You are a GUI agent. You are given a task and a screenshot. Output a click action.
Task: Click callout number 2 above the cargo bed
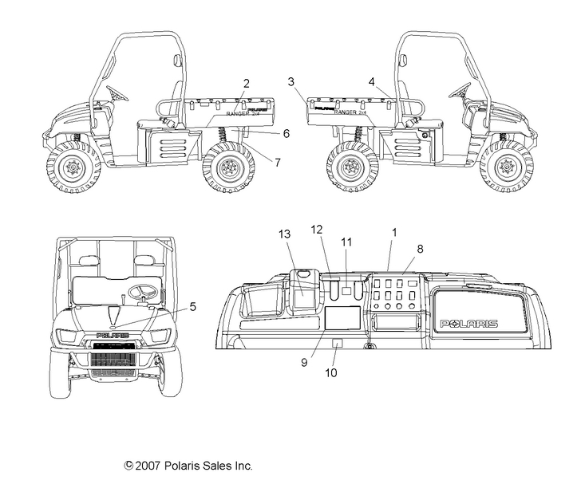(x=247, y=84)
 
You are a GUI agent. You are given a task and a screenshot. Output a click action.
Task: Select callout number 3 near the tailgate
(x=291, y=81)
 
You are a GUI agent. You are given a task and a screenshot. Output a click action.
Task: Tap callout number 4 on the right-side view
(x=372, y=81)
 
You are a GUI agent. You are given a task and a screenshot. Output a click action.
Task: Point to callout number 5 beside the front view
(x=192, y=305)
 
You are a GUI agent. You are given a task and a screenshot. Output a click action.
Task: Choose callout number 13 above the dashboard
(x=285, y=233)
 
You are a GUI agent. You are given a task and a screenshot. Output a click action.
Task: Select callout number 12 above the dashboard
(x=316, y=230)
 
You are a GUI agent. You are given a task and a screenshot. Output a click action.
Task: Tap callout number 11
(x=346, y=241)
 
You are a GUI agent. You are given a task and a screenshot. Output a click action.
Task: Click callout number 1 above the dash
(x=393, y=231)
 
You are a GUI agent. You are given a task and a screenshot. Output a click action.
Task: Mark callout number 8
(x=420, y=248)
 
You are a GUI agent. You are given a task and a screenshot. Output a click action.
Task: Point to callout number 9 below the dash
(x=304, y=361)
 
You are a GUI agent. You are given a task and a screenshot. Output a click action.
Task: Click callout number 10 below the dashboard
(x=334, y=372)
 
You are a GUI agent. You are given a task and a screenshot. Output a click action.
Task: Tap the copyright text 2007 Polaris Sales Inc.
(x=188, y=465)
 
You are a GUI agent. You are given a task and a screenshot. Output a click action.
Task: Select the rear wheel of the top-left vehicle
(x=228, y=167)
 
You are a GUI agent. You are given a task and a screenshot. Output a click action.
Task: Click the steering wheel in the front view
(x=143, y=292)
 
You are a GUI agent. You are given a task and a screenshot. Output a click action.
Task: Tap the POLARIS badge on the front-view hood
(x=113, y=336)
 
